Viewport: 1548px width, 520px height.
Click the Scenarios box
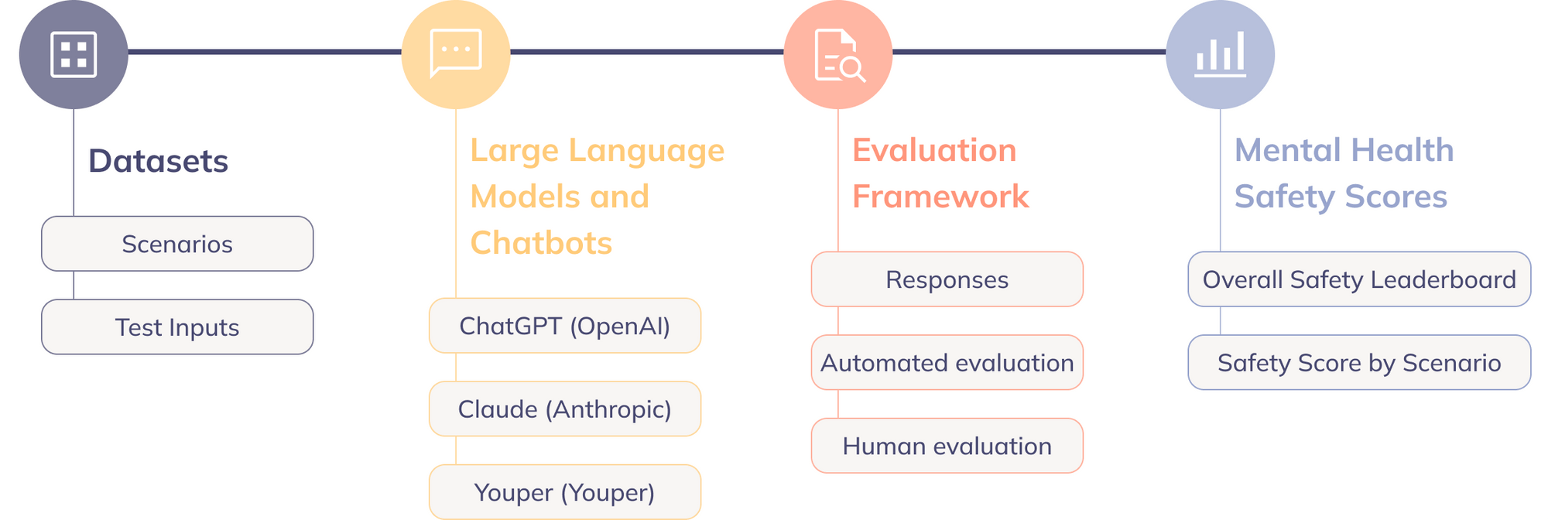(177, 244)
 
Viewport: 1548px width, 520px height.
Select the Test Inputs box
(177, 327)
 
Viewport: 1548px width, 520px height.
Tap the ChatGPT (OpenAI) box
(565, 326)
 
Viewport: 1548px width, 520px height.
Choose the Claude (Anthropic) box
(565, 409)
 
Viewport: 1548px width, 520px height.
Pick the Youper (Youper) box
(565, 492)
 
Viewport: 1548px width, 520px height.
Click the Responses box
(947, 279)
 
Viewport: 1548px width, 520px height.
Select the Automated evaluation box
(947, 362)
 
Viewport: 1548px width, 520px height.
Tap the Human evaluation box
(947, 446)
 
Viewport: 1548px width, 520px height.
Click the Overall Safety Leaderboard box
(1359, 279)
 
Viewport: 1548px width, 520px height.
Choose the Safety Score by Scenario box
(1359, 362)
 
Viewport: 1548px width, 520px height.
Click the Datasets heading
(158, 161)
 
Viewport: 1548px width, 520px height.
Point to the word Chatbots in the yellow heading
(541, 243)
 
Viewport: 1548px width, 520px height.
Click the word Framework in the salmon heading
(940, 197)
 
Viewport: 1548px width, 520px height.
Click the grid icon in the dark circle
(74, 54)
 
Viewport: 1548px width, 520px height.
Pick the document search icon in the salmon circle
(838, 55)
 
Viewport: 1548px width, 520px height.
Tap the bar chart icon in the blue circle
(1220, 54)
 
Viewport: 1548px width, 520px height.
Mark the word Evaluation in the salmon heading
(934, 150)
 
